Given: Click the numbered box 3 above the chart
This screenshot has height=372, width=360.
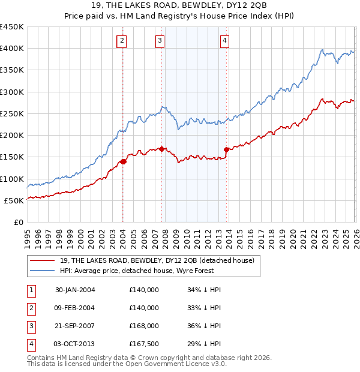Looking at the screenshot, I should pos(160,41).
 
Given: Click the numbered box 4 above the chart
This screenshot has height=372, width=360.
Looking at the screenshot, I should pos(224,41).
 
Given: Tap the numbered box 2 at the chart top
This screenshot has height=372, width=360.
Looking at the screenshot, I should pos(122,41).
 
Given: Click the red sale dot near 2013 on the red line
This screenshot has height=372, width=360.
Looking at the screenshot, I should pos(226,149).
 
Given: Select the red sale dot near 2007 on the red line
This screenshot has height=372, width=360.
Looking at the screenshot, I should pos(162,149).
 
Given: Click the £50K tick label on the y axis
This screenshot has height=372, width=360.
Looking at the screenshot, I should pos(14,201).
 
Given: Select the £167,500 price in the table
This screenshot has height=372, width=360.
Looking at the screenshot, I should pos(144,344).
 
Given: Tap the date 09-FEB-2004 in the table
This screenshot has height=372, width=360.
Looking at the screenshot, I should pos(75,308).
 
